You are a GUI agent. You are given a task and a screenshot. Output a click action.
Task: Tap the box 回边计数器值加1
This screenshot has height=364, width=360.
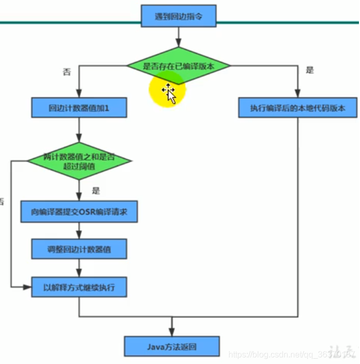[79, 108]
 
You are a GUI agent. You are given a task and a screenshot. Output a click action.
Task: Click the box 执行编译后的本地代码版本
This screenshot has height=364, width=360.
[298, 108]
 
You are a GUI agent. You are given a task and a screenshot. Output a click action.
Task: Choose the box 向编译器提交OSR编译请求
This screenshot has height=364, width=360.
[79, 212]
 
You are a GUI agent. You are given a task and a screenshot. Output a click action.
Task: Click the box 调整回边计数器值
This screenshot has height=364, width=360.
[79, 249]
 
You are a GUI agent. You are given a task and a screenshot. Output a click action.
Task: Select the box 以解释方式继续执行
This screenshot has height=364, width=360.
[79, 286]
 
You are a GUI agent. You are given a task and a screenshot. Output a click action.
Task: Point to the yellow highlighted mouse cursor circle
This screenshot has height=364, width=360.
[168, 90]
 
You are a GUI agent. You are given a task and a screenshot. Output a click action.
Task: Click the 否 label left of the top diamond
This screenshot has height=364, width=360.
[66, 71]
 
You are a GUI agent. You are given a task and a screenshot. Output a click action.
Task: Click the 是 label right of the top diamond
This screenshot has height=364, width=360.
[310, 70]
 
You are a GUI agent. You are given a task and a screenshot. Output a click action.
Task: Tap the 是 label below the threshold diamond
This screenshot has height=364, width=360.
[95, 191]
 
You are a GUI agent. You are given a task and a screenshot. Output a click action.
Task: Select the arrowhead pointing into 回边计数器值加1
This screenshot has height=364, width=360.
[79, 95]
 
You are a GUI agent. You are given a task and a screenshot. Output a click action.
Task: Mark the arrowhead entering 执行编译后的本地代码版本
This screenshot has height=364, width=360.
[298, 95]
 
